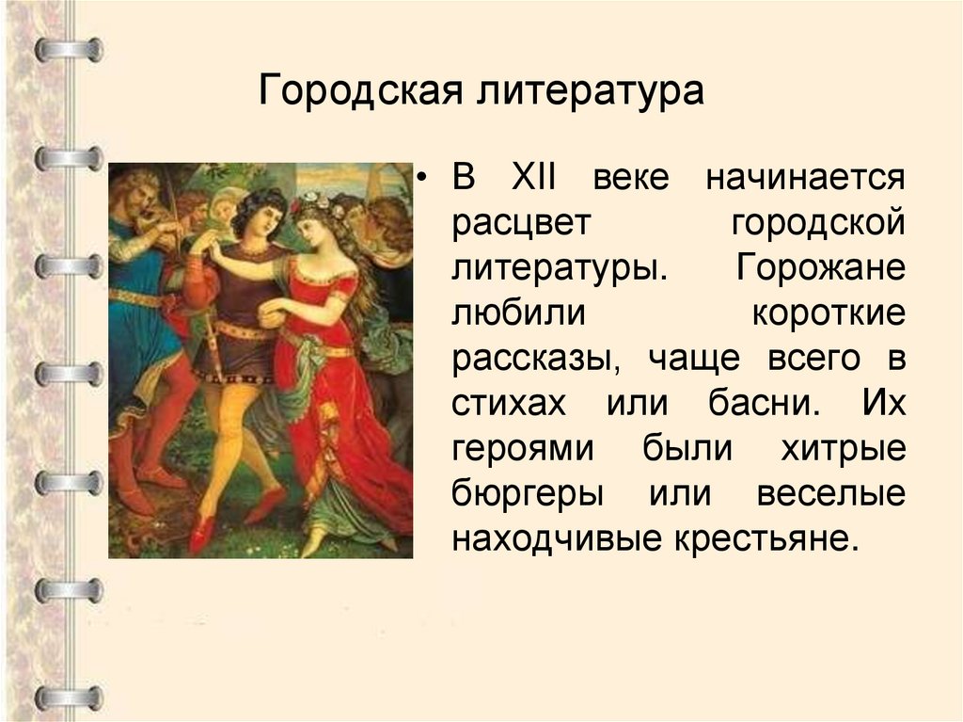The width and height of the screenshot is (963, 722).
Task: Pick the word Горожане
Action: (x=821, y=267)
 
